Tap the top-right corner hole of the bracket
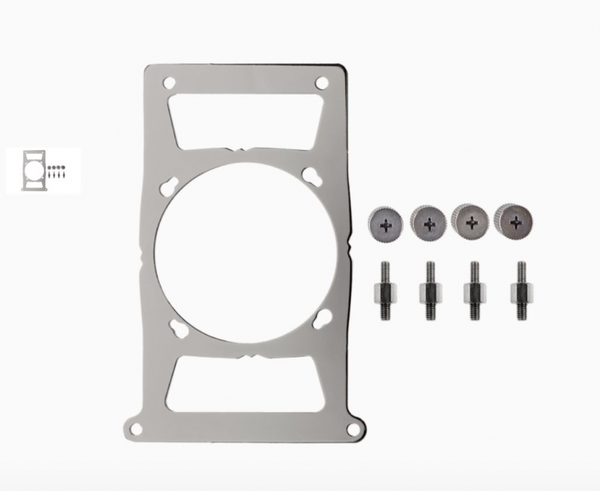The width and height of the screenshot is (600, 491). click(x=322, y=82)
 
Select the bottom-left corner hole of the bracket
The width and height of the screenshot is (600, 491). click(x=135, y=429)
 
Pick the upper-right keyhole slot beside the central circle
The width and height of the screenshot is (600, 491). click(x=309, y=177)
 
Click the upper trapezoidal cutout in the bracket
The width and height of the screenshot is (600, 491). click(x=246, y=118)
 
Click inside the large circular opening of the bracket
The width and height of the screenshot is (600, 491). click(x=246, y=255)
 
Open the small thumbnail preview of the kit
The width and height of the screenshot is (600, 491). click(x=43, y=170)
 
